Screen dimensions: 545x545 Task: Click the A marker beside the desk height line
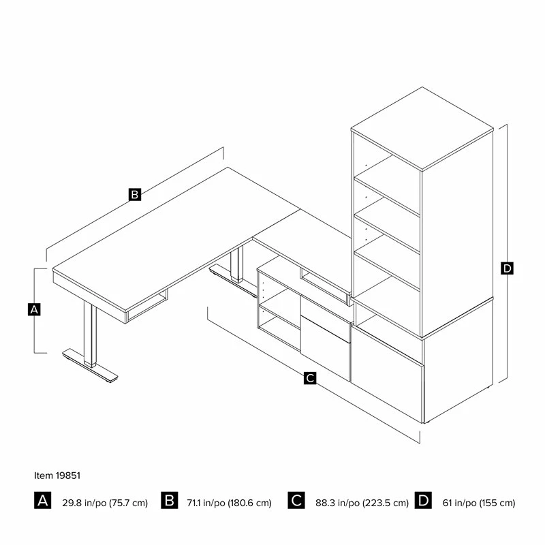34,309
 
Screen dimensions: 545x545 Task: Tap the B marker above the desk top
135,194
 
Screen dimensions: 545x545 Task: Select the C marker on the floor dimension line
310,378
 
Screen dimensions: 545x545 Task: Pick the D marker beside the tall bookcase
507,268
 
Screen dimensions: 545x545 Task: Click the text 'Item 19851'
57,476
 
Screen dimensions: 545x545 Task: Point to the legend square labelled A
42,501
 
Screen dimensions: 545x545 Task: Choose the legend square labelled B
169,501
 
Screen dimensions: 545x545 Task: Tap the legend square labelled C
296,501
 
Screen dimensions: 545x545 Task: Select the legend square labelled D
423,501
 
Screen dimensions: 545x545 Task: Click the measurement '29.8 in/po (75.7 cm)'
105,503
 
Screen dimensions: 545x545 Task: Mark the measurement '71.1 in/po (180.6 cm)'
229,503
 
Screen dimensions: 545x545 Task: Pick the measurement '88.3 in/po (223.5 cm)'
362,503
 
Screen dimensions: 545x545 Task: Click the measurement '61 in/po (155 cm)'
479,503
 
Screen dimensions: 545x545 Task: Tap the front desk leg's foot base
90,366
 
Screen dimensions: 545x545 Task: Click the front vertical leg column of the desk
90,333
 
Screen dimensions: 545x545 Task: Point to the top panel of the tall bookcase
422,129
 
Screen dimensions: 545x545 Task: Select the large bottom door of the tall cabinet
387,375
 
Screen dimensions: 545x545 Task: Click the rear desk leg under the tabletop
236,263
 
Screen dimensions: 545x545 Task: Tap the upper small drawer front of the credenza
326,318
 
